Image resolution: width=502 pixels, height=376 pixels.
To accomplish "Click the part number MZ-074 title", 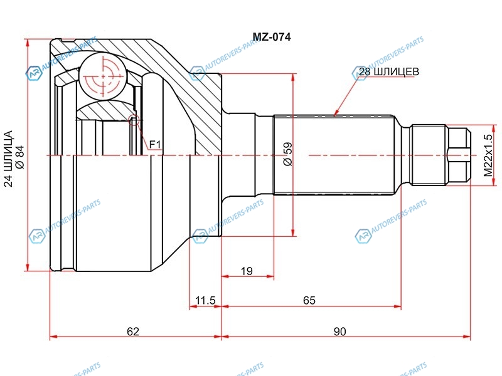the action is pos(272,37).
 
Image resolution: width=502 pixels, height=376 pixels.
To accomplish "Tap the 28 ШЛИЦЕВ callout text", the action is pos(388,71).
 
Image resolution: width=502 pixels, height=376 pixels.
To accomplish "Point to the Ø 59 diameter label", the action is pos(287,154).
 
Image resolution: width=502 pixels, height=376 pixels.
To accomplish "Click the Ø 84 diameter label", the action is pos(20,157).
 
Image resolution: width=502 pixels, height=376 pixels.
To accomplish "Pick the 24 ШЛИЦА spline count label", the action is pos(8,159).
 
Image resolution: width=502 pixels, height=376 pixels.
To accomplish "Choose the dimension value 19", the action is pos(247,271).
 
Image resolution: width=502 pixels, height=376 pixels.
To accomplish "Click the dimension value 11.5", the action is pos(206,301).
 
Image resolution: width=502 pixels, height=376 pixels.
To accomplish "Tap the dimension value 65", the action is pos(309,301).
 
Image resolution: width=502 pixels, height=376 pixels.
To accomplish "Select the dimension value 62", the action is pos(133,332).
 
